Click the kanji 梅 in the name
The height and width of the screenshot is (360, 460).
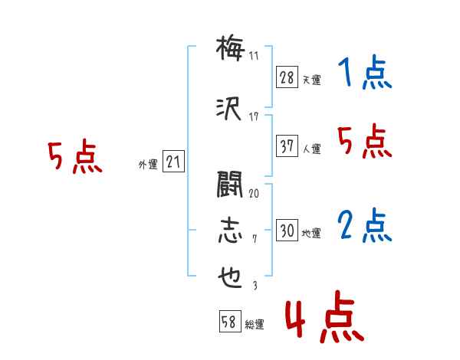(x=230, y=47)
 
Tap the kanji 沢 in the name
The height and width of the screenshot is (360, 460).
(x=228, y=109)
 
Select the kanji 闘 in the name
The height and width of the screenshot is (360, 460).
(x=230, y=185)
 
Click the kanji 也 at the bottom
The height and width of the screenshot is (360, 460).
(x=230, y=277)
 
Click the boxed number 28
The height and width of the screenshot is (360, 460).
(x=287, y=77)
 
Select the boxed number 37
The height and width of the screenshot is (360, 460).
(x=287, y=146)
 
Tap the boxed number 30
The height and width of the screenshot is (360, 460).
(x=287, y=230)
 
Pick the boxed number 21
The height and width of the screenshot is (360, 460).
(x=173, y=162)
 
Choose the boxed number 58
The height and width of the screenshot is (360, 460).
(x=230, y=322)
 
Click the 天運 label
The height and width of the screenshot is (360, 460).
(x=312, y=80)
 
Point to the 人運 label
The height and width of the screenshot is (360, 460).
(x=312, y=149)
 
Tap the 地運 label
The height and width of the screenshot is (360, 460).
(x=311, y=233)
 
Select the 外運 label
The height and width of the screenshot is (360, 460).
(x=148, y=165)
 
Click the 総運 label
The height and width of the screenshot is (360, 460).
(x=255, y=325)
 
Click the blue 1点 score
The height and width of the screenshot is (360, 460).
(x=365, y=71)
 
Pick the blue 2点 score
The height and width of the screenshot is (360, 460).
(x=364, y=225)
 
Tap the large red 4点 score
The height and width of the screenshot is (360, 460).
(x=325, y=317)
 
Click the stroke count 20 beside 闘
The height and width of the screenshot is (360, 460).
(x=254, y=194)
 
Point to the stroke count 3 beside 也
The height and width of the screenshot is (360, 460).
(x=255, y=286)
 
